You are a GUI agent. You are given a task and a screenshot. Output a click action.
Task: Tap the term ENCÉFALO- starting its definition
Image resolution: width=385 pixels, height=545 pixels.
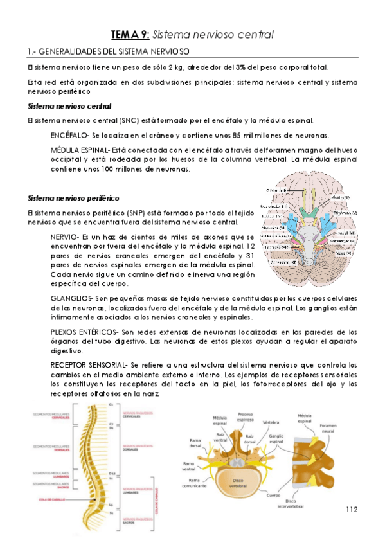[x=71, y=135]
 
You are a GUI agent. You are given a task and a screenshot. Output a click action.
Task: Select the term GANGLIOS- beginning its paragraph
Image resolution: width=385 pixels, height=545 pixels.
[x=73, y=298]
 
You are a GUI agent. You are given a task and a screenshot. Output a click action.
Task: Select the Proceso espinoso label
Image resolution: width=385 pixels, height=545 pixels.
[x=245, y=417]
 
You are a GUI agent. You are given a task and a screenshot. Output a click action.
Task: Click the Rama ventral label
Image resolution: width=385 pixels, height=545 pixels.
[x=190, y=465]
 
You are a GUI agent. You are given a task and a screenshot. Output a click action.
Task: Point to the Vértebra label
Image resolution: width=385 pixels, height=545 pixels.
[x=272, y=422]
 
